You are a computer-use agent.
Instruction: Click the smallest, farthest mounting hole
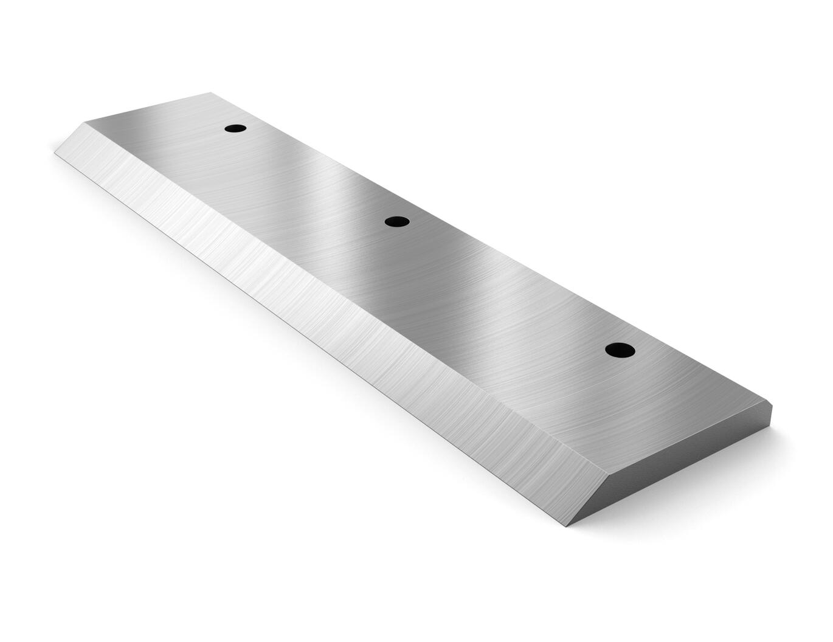pos(235,128)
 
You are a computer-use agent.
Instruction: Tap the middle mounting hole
pos(397,222)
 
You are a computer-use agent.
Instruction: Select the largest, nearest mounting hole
pos(620,350)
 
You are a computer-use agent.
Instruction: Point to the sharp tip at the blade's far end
pos(55,153)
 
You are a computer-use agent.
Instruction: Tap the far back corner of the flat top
pos(210,93)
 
